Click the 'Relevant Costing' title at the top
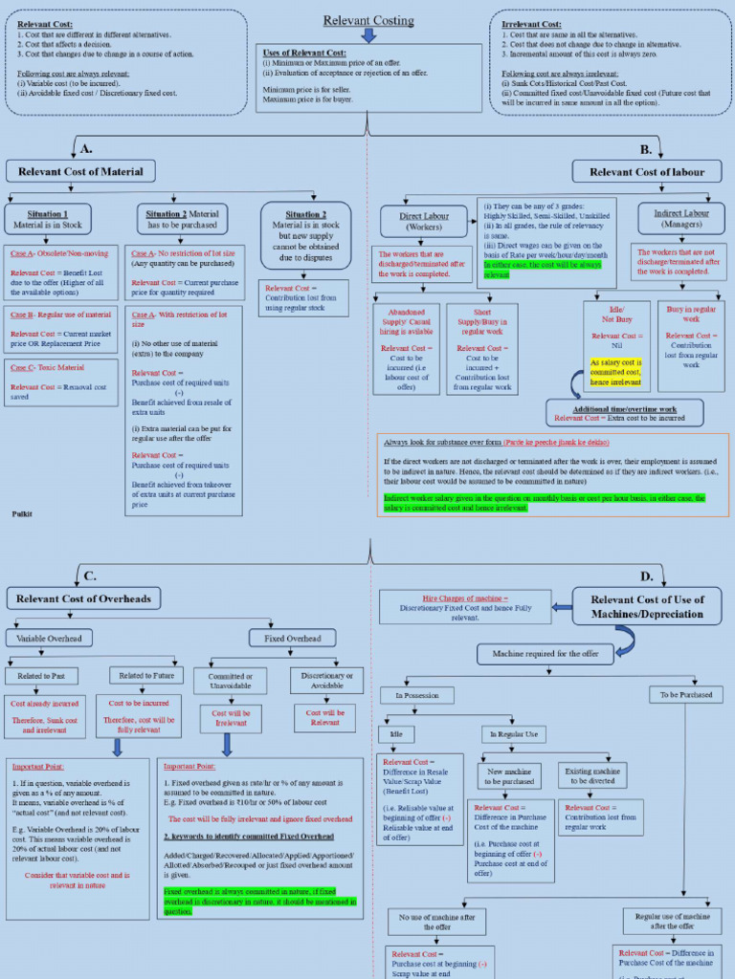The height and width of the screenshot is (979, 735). click(368, 20)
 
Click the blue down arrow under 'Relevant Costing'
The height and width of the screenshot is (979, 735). click(368, 36)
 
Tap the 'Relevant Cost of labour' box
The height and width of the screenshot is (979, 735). click(647, 172)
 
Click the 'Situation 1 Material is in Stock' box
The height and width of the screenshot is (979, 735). click(48, 220)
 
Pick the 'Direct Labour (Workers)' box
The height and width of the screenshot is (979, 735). click(424, 222)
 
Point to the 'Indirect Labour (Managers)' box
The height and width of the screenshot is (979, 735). click(681, 219)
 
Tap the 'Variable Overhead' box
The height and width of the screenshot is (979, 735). click(50, 638)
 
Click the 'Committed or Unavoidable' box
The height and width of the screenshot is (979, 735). click(230, 681)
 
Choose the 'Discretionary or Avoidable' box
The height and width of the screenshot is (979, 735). click(326, 681)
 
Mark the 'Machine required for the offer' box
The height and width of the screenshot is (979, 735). click(546, 654)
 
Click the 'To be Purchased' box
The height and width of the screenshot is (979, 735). click(684, 695)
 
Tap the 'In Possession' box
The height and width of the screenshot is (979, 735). click(417, 695)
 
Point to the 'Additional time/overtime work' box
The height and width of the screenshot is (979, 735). click(625, 413)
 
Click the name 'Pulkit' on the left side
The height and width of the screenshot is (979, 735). click(22, 513)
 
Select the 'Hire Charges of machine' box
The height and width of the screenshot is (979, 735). click(465, 607)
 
